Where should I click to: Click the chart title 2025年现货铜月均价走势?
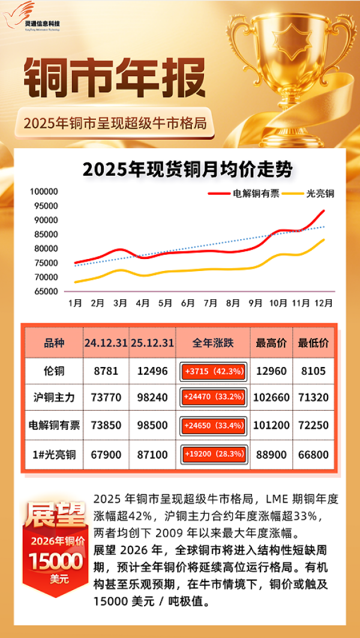187,170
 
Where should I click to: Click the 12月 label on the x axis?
324,304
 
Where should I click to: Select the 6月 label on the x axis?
188,304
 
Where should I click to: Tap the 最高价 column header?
271,344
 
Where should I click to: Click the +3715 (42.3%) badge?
213,372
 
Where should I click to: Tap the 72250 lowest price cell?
313,426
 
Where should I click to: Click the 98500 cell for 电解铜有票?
152,426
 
